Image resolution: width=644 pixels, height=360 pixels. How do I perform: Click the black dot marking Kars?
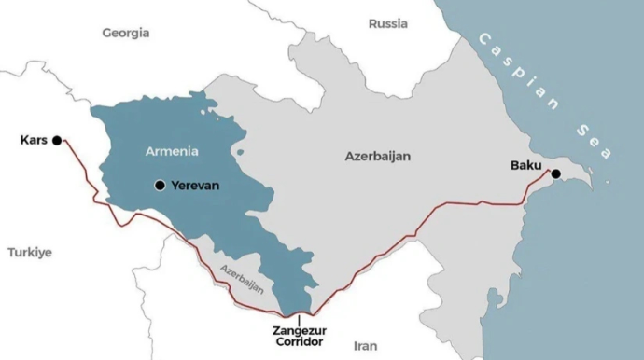point(57,140)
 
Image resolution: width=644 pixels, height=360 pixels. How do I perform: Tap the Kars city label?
point(33,140)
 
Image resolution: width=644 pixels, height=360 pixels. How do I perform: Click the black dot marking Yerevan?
point(160,185)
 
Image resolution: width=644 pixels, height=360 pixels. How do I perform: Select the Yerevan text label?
point(194,185)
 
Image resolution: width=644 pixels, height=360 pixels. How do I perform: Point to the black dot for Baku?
point(555,173)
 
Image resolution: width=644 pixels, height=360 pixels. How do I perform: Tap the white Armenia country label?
point(173,150)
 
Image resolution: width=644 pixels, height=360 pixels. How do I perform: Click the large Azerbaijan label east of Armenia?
point(378,157)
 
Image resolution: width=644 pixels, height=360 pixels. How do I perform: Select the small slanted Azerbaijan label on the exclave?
point(243,279)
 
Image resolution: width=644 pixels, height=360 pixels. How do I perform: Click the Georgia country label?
point(125,33)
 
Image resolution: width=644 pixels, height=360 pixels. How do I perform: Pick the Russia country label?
point(388,23)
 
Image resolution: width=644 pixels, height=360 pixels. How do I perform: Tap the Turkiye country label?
point(30,252)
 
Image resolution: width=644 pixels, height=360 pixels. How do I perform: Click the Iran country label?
point(366,345)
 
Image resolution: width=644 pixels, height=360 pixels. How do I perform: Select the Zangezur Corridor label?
point(300,337)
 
